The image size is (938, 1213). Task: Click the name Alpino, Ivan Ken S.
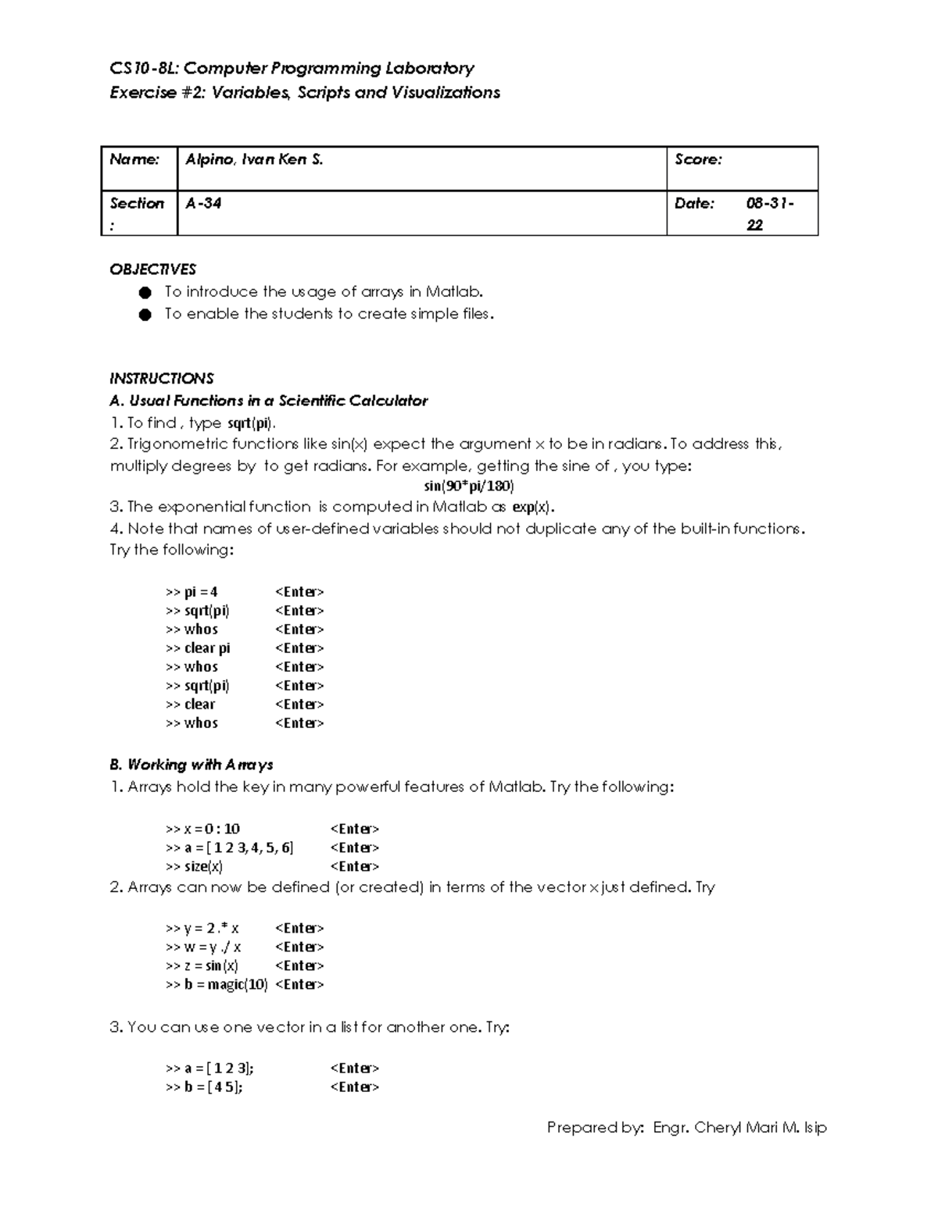[x=254, y=160]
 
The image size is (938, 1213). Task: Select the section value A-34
[x=203, y=204]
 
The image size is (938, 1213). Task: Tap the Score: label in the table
[x=698, y=160]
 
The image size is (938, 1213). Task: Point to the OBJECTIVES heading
[x=152, y=269]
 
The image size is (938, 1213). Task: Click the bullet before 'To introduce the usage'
[x=144, y=293]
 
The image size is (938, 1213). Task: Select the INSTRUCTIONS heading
[x=161, y=379]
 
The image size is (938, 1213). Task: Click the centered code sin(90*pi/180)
[x=468, y=486]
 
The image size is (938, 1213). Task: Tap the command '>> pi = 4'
[x=192, y=592]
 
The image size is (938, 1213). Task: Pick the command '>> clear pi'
[x=198, y=648]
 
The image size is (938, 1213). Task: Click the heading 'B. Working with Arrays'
[x=192, y=765]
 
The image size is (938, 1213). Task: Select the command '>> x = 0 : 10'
[x=202, y=829]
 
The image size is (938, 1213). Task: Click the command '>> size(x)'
[x=194, y=866]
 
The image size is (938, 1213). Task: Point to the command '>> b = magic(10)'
[x=217, y=985]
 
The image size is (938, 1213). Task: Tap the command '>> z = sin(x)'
[x=202, y=966]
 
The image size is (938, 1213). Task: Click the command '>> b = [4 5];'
[x=204, y=1087]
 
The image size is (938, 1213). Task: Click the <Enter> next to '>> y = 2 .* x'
[x=299, y=929]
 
